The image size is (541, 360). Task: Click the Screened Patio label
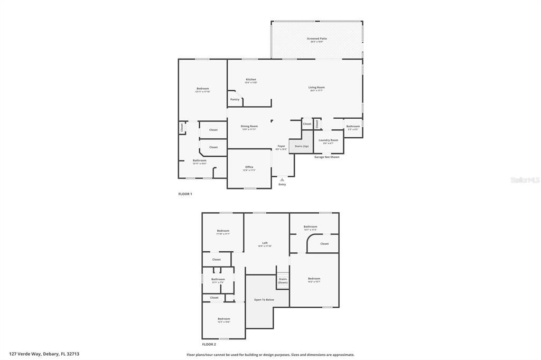317,39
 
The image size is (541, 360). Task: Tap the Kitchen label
251,80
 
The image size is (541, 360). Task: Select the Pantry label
235,99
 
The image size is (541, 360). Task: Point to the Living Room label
317,88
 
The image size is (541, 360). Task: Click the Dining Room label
249,127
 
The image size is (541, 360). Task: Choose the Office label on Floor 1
249,167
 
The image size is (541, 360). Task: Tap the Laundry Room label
328,140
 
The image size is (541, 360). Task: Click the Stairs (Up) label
302,146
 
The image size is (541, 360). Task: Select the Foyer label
282,146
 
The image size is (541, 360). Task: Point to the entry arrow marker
282,179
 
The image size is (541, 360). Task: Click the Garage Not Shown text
327,157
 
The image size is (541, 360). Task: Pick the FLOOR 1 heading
185,194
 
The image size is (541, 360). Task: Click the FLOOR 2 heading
209,344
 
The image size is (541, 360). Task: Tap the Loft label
265,243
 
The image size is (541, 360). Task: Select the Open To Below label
264,299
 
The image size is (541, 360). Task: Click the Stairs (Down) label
283,280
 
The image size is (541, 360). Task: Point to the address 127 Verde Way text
44,354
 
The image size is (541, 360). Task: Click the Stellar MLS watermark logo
525,180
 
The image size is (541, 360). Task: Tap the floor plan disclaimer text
270,355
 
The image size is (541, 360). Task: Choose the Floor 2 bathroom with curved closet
310,227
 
